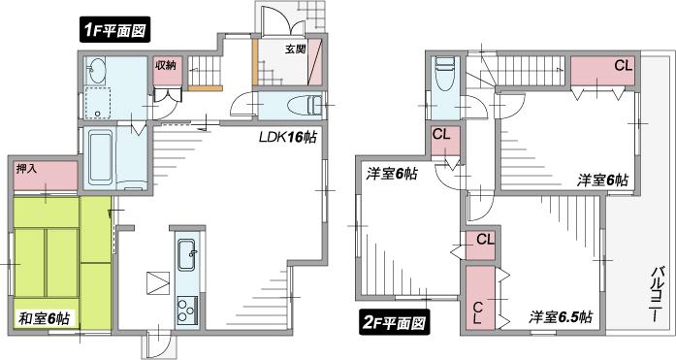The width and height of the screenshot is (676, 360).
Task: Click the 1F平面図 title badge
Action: coord(114,30)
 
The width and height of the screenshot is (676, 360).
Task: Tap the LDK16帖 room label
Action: coord(287,138)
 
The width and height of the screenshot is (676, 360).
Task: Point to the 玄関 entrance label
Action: coord(297,47)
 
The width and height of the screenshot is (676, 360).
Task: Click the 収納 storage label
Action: coord(165,66)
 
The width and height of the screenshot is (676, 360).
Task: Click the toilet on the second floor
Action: coord(444,73)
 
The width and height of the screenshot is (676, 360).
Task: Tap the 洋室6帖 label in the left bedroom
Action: coord(392,175)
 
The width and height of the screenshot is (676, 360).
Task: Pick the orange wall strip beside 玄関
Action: coord(255,61)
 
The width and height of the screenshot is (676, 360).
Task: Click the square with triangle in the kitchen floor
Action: coord(157,283)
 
